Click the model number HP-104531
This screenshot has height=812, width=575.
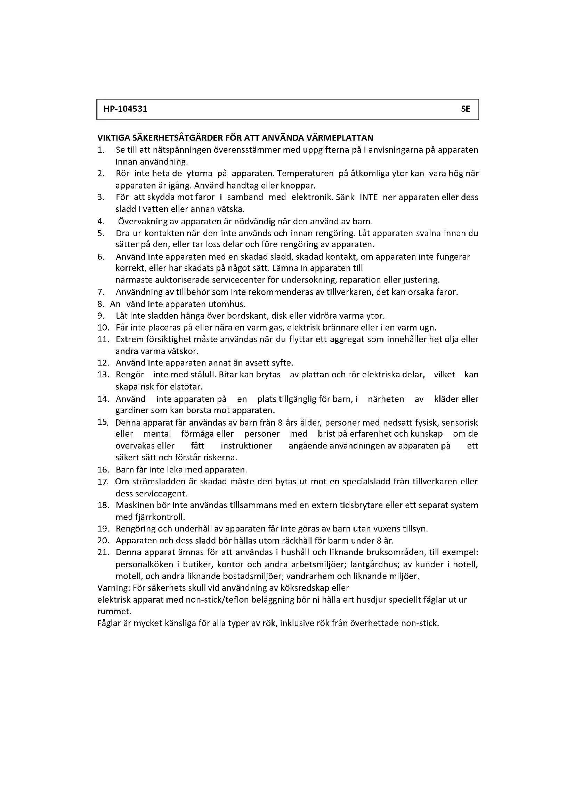point(125,109)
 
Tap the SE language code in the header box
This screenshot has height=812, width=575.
point(465,109)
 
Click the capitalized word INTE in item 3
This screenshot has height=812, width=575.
point(369,197)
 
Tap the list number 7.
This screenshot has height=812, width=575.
point(100,292)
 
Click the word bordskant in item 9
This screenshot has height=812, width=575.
point(251,316)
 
